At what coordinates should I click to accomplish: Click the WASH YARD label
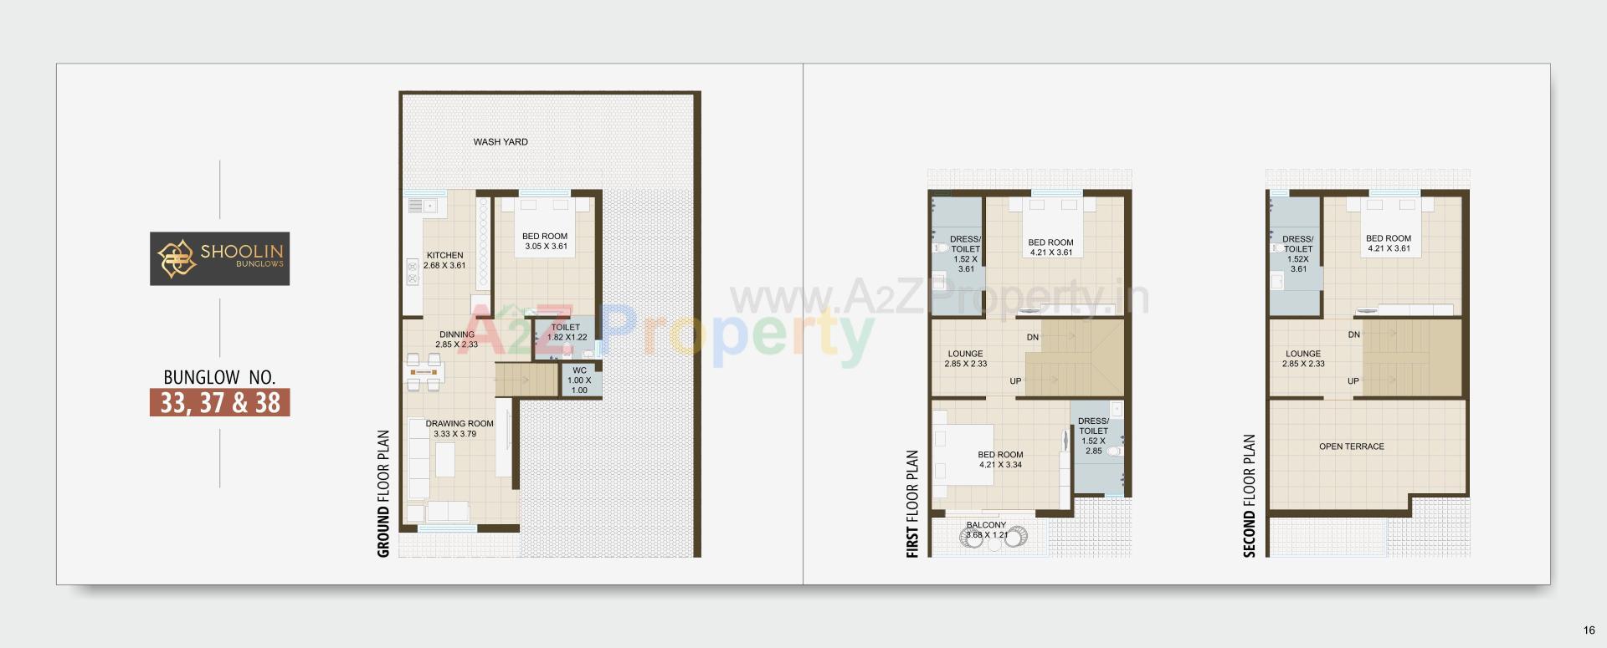(x=501, y=142)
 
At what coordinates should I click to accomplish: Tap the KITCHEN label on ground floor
(x=444, y=256)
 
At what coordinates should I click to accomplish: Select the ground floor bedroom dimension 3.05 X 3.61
(x=546, y=247)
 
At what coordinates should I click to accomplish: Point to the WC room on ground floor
(x=579, y=380)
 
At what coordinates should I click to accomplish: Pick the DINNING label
(x=456, y=334)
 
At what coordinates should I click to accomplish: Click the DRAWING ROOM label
(x=460, y=424)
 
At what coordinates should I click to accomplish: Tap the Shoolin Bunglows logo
(x=220, y=258)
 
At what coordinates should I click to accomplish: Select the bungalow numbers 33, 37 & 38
(x=220, y=402)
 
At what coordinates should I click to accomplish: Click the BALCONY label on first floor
(x=986, y=525)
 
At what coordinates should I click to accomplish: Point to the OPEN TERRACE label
(x=1351, y=446)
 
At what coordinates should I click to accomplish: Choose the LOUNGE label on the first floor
(x=965, y=354)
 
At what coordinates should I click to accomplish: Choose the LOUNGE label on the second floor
(x=1302, y=354)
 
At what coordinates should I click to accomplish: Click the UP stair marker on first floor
(x=1015, y=381)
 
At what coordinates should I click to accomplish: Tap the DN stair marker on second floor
(x=1353, y=334)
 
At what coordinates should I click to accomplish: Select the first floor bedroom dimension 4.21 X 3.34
(x=1000, y=465)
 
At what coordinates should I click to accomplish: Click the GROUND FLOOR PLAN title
(x=384, y=493)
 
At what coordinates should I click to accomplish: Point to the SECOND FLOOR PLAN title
(x=1250, y=496)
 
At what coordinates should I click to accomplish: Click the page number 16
(x=1589, y=630)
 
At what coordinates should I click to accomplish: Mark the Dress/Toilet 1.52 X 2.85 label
(x=1093, y=436)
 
